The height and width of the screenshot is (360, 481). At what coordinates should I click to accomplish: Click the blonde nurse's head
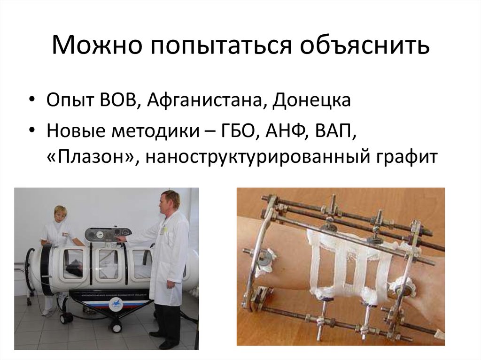point(60,214)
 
